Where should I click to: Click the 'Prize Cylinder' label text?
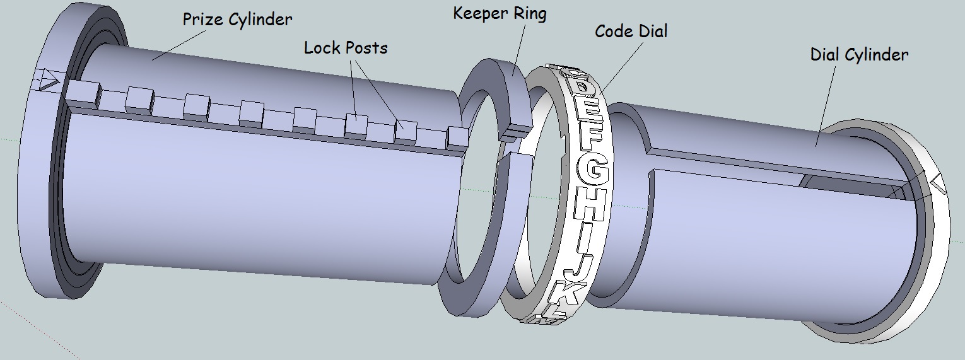point(237,20)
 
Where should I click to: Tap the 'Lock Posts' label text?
point(346,47)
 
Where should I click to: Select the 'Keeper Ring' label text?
point(500,13)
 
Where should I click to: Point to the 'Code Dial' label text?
point(631,31)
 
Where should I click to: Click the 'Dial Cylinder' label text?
point(859,55)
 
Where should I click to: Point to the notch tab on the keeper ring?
point(514,132)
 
